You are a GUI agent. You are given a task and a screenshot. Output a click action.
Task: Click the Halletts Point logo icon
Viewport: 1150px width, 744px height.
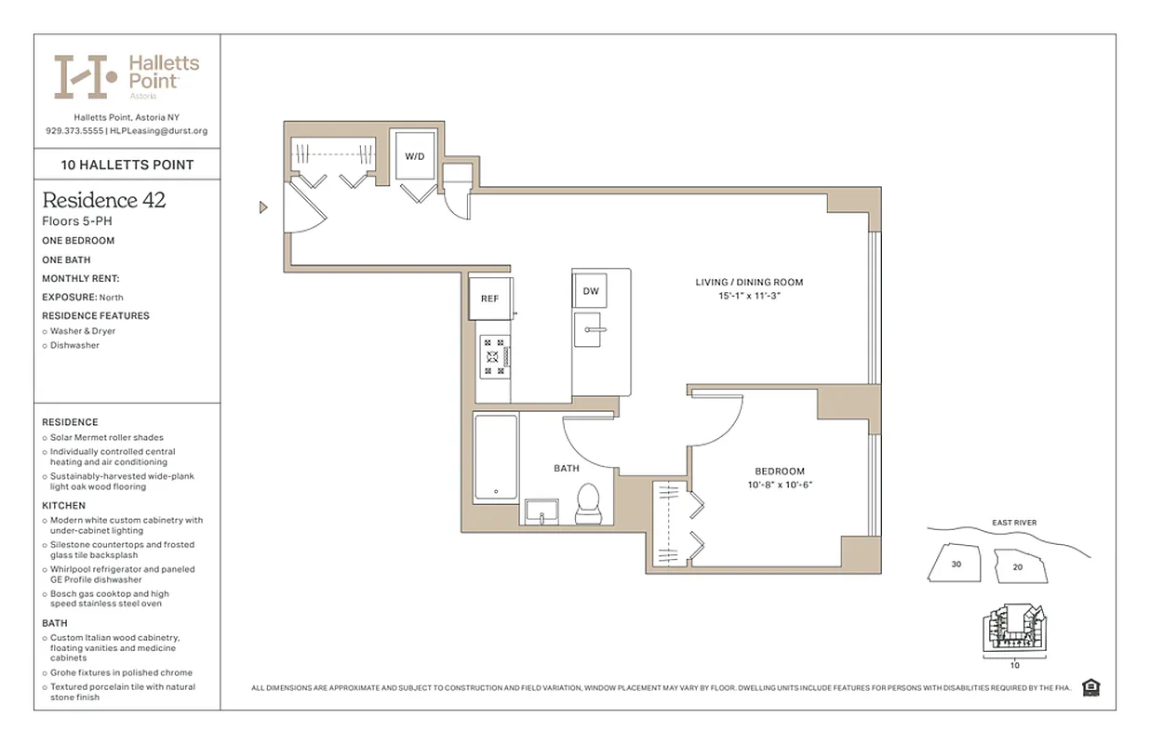pyautogui.click(x=85, y=76)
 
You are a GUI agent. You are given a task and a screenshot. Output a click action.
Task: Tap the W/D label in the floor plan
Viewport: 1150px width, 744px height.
pyautogui.click(x=414, y=156)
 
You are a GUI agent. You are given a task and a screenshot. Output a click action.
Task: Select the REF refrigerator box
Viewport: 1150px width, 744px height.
pyautogui.click(x=489, y=299)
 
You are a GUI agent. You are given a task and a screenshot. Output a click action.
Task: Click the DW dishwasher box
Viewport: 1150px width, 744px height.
pyautogui.click(x=591, y=291)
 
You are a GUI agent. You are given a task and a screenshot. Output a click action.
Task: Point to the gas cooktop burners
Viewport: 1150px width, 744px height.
pyautogui.click(x=494, y=357)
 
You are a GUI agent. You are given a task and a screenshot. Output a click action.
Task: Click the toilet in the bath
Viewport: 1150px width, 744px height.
pyautogui.click(x=587, y=503)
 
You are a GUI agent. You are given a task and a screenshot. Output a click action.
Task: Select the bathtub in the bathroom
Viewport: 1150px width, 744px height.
pyautogui.click(x=495, y=458)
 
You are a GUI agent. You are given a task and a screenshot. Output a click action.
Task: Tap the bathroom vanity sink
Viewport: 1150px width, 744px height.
pyautogui.click(x=541, y=511)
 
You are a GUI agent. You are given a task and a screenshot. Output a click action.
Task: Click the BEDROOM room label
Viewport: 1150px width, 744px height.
pyautogui.click(x=780, y=472)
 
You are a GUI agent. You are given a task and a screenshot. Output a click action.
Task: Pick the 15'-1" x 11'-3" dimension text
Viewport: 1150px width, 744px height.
pyautogui.click(x=749, y=297)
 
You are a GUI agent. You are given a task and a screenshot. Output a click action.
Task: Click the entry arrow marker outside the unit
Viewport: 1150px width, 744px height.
pyautogui.click(x=263, y=207)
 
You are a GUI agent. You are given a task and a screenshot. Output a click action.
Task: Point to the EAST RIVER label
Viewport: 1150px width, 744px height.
pyautogui.click(x=1014, y=523)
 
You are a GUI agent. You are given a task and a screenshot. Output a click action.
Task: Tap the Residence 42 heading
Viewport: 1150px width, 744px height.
pyautogui.click(x=104, y=200)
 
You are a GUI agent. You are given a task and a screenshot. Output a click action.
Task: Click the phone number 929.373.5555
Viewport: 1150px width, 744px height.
pyautogui.click(x=74, y=131)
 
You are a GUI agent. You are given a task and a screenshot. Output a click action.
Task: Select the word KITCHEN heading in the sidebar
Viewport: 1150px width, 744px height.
pyautogui.click(x=63, y=505)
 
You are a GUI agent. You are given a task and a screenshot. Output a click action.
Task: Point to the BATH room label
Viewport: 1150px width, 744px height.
pyautogui.click(x=567, y=469)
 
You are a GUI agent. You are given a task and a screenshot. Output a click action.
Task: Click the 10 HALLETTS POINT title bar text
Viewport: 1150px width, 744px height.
pyautogui.click(x=127, y=165)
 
